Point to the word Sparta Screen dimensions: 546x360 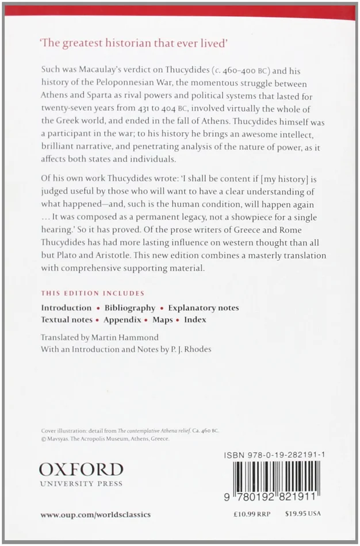94,95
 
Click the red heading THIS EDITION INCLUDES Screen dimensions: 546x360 93,293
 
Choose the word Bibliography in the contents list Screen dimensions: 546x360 130,308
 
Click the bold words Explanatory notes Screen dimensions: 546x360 204,308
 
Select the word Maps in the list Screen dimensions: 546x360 163,320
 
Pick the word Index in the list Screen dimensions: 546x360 195,320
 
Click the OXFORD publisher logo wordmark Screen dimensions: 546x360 81,469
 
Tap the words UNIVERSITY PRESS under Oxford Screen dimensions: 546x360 81,484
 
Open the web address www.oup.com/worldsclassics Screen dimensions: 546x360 95,514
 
